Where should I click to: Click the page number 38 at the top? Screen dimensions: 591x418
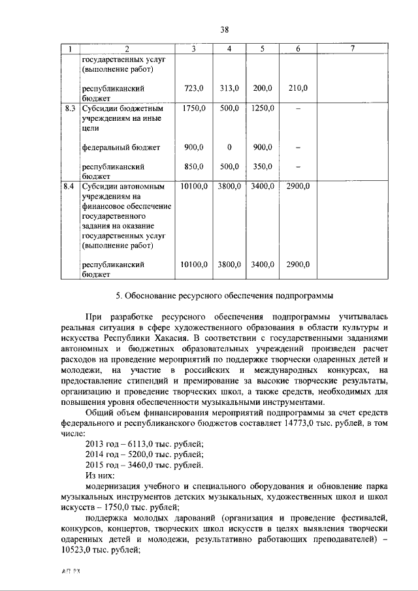[224, 29]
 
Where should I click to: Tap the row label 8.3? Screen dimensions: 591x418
[70, 108]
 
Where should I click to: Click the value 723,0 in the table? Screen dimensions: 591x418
[194, 88]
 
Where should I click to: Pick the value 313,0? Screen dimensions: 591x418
[229, 88]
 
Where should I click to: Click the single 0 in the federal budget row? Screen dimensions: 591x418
[229, 148]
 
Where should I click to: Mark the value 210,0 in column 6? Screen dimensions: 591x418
[297, 88]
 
